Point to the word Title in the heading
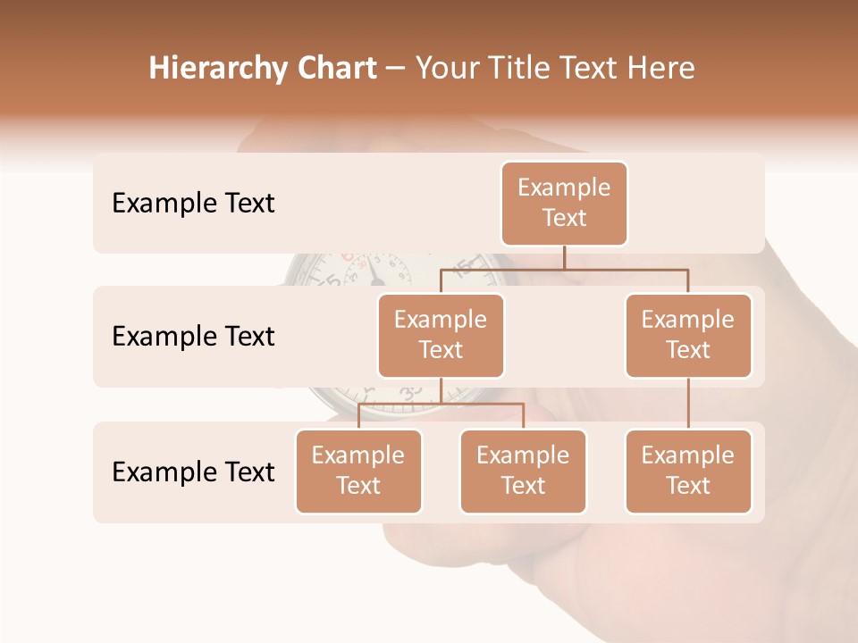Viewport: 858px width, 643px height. pos(527,68)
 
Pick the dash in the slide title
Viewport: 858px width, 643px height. pos(396,69)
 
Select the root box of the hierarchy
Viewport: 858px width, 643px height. pos(564,203)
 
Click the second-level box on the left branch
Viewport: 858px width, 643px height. pos(441,335)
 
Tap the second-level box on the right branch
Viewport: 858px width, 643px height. pos(688,335)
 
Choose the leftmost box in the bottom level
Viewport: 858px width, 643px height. pos(358,471)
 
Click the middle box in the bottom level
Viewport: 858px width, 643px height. pos(523,471)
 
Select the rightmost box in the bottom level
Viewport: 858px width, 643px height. pos(688,471)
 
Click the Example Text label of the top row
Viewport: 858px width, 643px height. pos(193,203)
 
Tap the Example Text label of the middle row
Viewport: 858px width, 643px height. pos(193,336)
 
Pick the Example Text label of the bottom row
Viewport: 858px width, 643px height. pos(193,472)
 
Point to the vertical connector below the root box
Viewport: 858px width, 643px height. pos(564,257)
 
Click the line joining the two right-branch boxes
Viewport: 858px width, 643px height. pos(688,404)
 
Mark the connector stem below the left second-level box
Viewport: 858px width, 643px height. pos(441,390)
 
